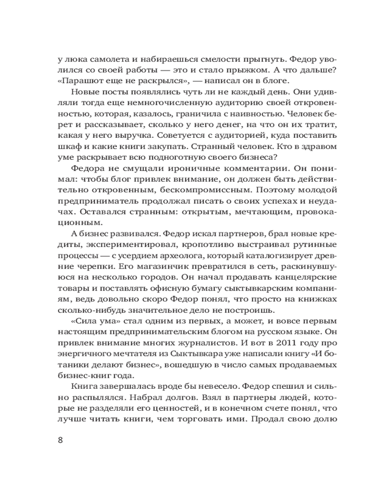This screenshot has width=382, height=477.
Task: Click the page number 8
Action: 60,439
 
